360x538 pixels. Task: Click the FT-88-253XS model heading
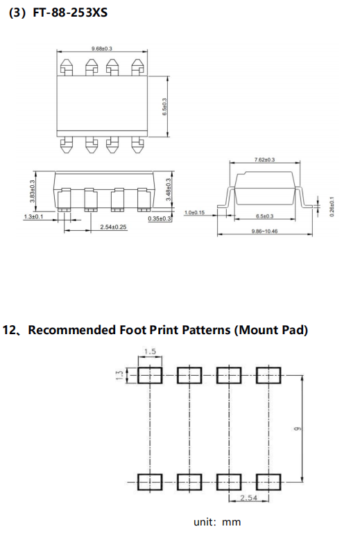click(70, 12)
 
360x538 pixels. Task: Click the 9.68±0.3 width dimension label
click(101, 49)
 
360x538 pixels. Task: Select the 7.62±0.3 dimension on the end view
click(264, 159)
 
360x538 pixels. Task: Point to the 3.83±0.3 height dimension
click(33, 191)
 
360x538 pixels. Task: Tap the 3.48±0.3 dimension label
click(168, 189)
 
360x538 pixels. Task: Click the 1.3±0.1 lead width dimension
click(33, 216)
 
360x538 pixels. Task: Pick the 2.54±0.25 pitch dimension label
click(113, 227)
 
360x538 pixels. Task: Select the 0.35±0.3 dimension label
click(160, 218)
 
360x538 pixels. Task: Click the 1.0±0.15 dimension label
click(194, 212)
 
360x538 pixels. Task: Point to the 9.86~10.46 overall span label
click(264, 231)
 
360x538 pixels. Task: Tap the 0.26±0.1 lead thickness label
click(331, 206)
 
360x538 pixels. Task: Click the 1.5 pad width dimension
click(150, 352)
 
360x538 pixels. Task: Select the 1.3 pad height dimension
click(119, 375)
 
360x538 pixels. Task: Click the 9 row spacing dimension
click(297, 428)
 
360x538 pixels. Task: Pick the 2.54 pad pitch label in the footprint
click(248, 498)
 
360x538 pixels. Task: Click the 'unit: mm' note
click(217, 522)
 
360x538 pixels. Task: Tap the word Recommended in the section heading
click(71, 330)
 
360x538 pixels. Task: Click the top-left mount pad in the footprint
click(150, 375)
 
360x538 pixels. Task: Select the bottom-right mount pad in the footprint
click(268, 482)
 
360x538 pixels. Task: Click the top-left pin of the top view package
click(67, 67)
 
